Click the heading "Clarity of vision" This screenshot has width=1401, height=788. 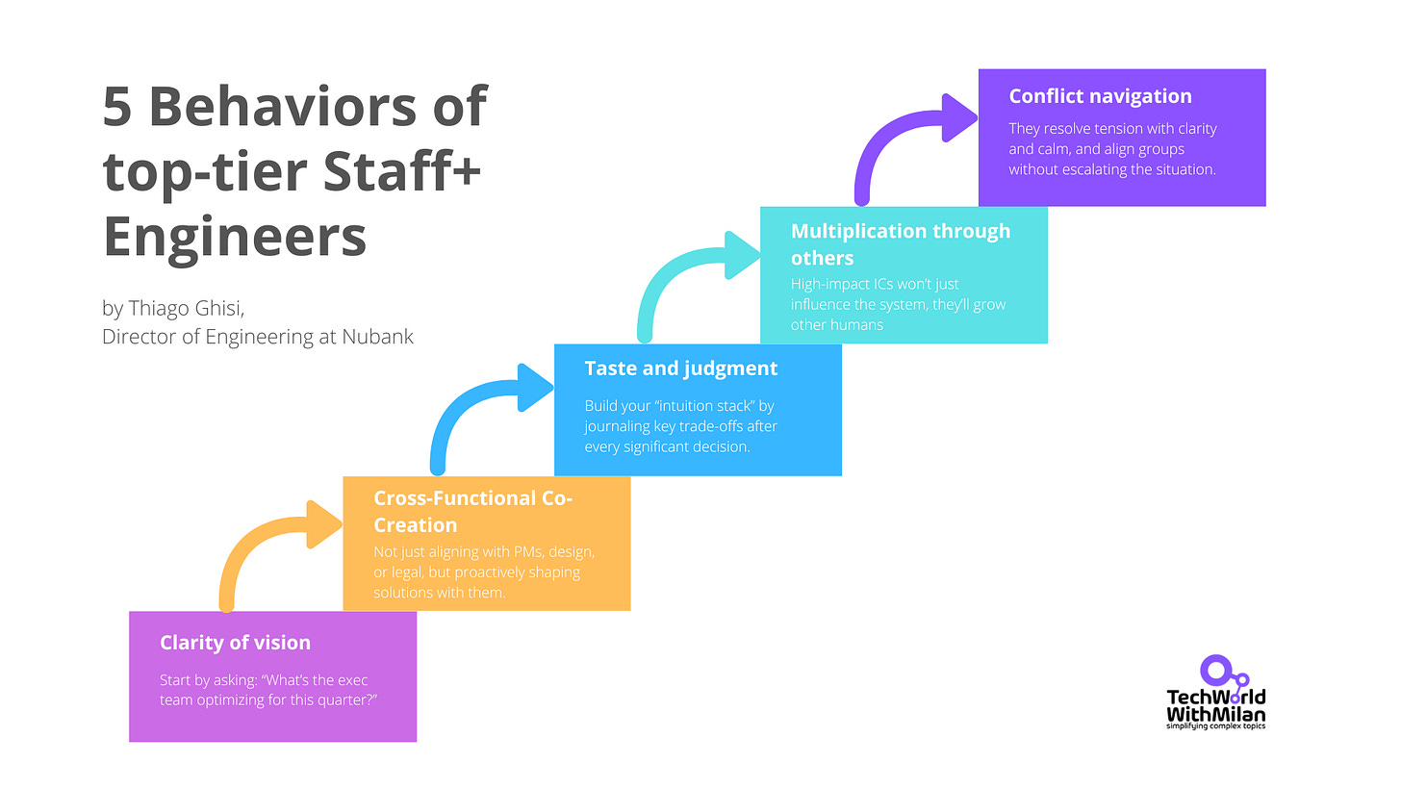235,643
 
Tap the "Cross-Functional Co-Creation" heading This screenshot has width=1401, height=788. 472,512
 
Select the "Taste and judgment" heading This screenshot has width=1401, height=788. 681,369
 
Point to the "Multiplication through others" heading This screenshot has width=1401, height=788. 901,243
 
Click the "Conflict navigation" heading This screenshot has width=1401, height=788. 1100,96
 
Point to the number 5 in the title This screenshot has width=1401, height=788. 117,107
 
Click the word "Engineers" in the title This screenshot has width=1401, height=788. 235,236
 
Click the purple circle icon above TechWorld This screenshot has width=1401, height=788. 1215,671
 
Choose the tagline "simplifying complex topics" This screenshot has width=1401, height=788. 1215,725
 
